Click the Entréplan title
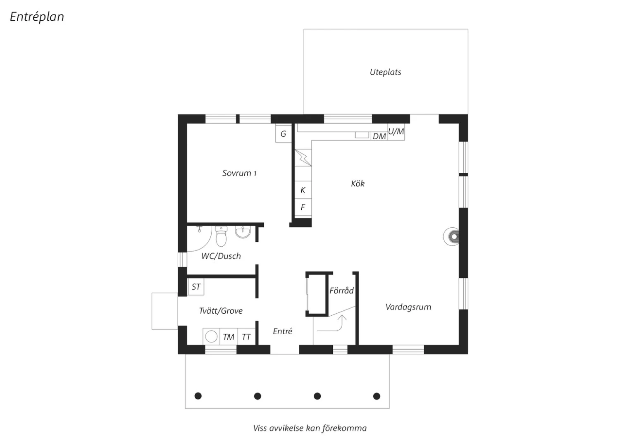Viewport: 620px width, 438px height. coord(37,17)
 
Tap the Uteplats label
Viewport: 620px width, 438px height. coord(385,72)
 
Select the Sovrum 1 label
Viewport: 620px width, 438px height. coord(239,173)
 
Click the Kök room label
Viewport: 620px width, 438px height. coord(358,183)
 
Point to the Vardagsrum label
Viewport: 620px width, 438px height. coord(408,307)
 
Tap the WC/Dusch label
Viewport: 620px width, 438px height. coord(221,256)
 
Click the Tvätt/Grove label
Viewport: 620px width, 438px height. coord(221,311)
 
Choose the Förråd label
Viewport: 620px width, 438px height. coord(341,290)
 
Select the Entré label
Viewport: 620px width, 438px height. coord(282,331)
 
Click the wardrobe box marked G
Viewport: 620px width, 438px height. coord(284,133)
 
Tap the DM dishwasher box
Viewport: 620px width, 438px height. coord(379,136)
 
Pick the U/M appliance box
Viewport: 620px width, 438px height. coord(396,132)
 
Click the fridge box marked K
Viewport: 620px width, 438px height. coord(303,190)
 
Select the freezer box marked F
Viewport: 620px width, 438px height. coord(303,207)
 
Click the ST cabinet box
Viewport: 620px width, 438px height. coord(196,287)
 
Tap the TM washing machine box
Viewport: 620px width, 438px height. coord(229,336)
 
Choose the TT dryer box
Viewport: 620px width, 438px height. coord(246,336)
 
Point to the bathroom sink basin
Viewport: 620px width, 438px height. coord(243,232)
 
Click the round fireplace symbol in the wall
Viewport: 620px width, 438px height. coord(451,237)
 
